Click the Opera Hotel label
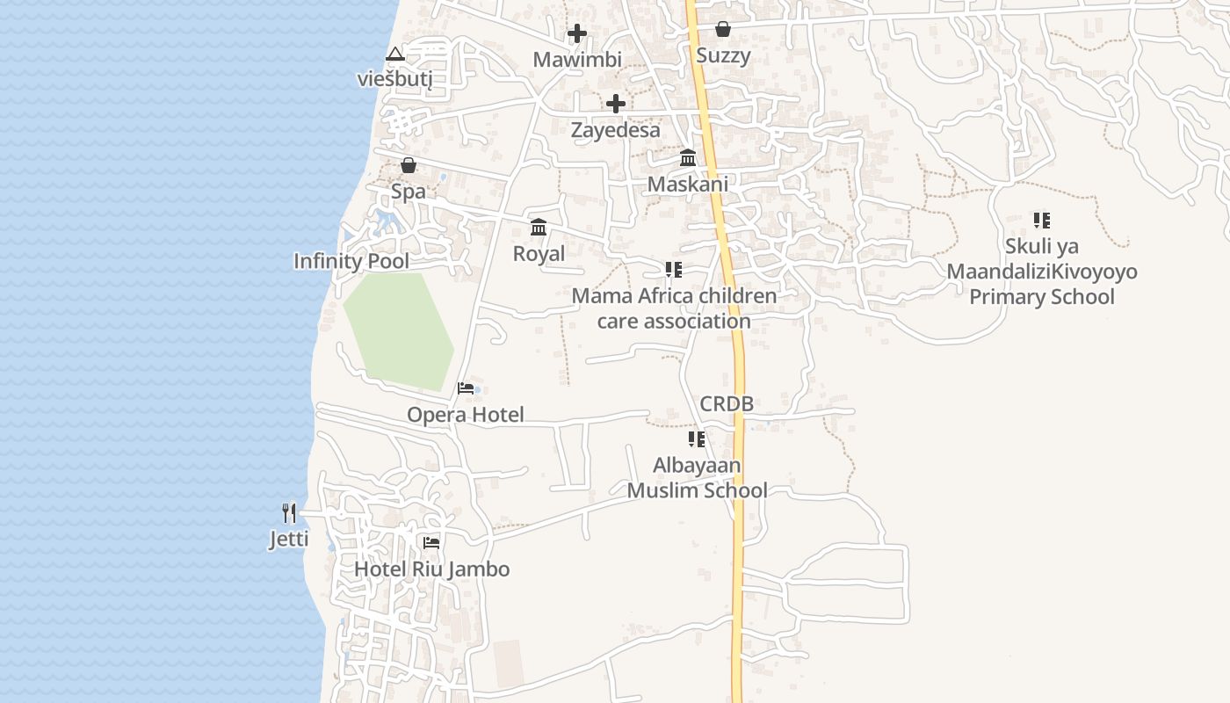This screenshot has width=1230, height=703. pyautogui.click(x=465, y=415)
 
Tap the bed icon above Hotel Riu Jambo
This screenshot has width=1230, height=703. pyautogui.click(x=431, y=543)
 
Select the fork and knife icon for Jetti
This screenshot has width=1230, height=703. pyautogui.click(x=289, y=512)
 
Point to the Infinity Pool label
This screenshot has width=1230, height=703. pyautogui.click(x=351, y=261)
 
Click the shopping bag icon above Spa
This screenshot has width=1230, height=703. pyautogui.click(x=409, y=165)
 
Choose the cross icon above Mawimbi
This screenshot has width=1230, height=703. pyautogui.click(x=577, y=34)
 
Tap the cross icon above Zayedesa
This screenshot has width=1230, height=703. pyautogui.click(x=616, y=104)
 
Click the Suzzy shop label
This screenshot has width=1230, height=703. pyautogui.click(x=723, y=56)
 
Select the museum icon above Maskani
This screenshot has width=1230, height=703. pyautogui.click(x=688, y=158)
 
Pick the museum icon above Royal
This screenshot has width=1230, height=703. pyautogui.click(x=539, y=228)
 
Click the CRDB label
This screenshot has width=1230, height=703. pyautogui.click(x=727, y=404)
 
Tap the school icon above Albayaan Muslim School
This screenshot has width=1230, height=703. pyautogui.click(x=697, y=438)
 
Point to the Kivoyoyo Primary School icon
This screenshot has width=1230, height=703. pyautogui.click(x=1042, y=220)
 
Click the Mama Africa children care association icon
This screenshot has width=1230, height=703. pyautogui.click(x=674, y=270)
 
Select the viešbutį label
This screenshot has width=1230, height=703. pyautogui.click(x=395, y=78)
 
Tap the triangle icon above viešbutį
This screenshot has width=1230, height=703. pyautogui.click(x=395, y=54)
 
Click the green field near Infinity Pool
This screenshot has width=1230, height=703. pyautogui.click(x=400, y=330)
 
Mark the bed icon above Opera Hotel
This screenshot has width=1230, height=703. pyautogui.click(x=466, y=388)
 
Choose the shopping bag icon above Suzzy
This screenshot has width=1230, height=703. pyautogui.click(x=723, y=30)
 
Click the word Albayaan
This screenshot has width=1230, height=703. pyautogui.click(x=697, y=465)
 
